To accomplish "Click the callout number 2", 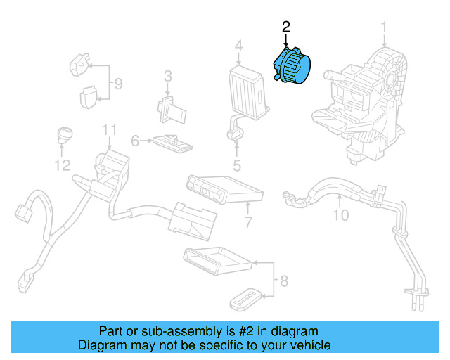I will [285, 27].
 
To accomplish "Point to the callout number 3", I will [168, 76].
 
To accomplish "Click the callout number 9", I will [118, 84].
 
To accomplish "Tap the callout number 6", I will [135, 141].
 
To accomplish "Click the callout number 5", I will [237, 166].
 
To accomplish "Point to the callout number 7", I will [248, 223].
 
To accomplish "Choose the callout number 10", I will [340, 215].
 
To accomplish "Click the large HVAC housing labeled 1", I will [366, 105].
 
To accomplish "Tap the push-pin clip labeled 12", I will [64, 134].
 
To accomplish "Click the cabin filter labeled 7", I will [224, 188].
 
